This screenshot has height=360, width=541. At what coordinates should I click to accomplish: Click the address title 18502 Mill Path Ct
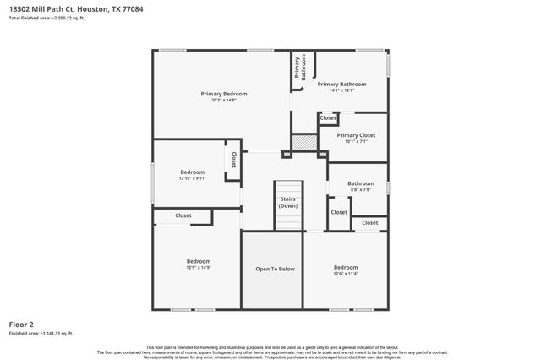(x=43, y=10)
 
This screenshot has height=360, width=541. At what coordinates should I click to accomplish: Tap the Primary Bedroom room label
(x=223, y=93)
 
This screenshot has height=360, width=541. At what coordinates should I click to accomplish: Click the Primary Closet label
(x=355, y=135)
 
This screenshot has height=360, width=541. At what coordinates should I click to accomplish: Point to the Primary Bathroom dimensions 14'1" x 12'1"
(x=342, y=90)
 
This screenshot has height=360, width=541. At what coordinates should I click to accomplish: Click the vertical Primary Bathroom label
(x=298, y=68)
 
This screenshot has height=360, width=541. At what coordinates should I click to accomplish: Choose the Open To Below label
(x=275, y=269)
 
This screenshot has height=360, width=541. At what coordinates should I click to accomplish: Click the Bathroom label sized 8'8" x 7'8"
(x=361, y=183)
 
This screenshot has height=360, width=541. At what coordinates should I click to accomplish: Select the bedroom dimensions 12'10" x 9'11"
(x=193, y=178)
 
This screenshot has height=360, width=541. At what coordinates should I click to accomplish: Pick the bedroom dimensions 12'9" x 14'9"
(x=199, y=268)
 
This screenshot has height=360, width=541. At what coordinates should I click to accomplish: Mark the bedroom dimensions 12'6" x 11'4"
(x=346, y=274)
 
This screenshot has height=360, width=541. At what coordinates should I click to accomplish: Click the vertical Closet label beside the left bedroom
(x=233, y=161)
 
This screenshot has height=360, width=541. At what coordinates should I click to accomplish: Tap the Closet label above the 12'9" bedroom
(x=183, y=215)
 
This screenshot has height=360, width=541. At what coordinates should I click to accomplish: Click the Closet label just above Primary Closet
(x=328, y=119)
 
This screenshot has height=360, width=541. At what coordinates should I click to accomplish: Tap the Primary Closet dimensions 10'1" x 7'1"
(x=355, y=142)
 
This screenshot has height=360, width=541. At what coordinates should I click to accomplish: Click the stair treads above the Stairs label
(x=288, y=188)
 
